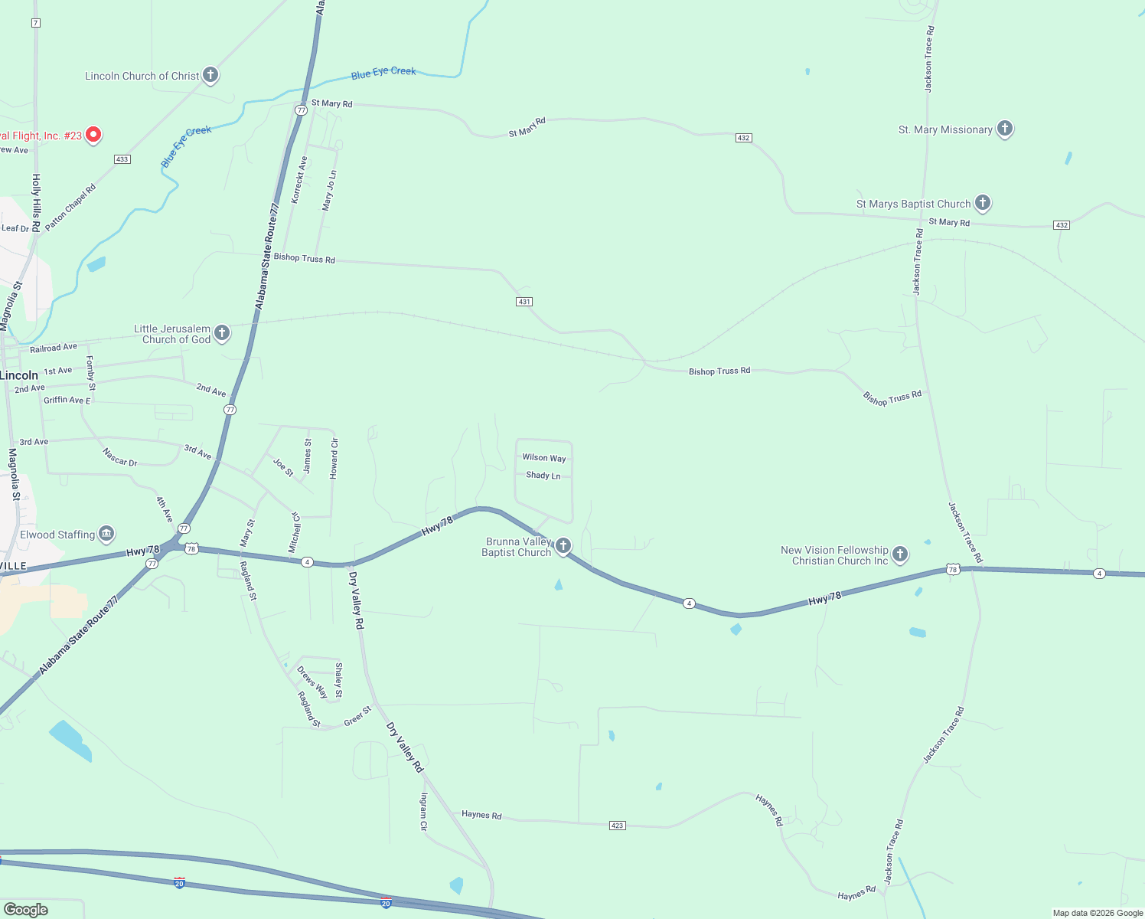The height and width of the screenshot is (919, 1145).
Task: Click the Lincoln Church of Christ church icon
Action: pos(210,75)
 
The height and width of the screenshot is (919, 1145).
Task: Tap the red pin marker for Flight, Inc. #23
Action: pos(93,135)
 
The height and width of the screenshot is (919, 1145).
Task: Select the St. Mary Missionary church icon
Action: pos(1005,129)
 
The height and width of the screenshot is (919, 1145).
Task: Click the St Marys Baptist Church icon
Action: pos(983,203)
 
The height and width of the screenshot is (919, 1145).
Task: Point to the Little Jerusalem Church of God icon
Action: pos(222,332)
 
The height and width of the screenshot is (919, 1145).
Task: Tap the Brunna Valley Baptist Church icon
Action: pos(563,545)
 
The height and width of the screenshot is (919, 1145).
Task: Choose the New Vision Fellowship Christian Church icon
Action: pos(900,554)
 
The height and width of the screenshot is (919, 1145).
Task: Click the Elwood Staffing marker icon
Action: pos(106,533)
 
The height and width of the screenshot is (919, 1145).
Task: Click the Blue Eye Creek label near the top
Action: pos(383,73)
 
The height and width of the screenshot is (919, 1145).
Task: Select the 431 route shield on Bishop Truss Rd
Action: pos(524,302)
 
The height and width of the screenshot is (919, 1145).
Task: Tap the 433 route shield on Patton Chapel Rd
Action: pos(122,159)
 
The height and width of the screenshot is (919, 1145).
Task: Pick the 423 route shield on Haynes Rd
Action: pos(618,826)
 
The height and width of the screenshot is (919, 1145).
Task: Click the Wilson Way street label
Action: pos(544,458)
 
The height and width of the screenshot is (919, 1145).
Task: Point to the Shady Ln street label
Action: pos(543,476)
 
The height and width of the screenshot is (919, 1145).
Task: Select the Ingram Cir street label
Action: pos(423,812)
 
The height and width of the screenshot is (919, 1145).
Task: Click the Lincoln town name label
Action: pos(19,375)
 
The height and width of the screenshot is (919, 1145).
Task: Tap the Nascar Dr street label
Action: pos(120,457)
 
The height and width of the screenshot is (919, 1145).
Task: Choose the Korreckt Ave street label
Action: pos(299,180)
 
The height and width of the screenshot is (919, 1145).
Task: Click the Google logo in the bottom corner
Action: pos(25,910)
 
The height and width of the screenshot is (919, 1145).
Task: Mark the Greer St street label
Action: pos(357,716)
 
